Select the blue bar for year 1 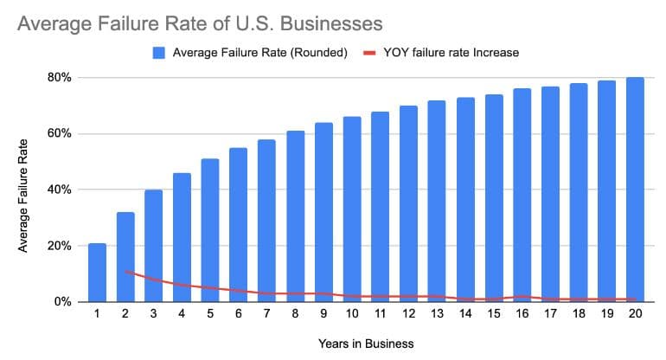(97, 273)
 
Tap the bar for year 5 (210, 230)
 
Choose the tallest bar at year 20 (635, 190)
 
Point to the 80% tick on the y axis (60, 78)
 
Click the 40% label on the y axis (60, 190)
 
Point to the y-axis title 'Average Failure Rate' (23, 196)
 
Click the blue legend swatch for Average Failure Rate (159, 53)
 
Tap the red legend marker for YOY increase (368, 53)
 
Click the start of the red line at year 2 (125, 271)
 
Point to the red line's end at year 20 (635, 299)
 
